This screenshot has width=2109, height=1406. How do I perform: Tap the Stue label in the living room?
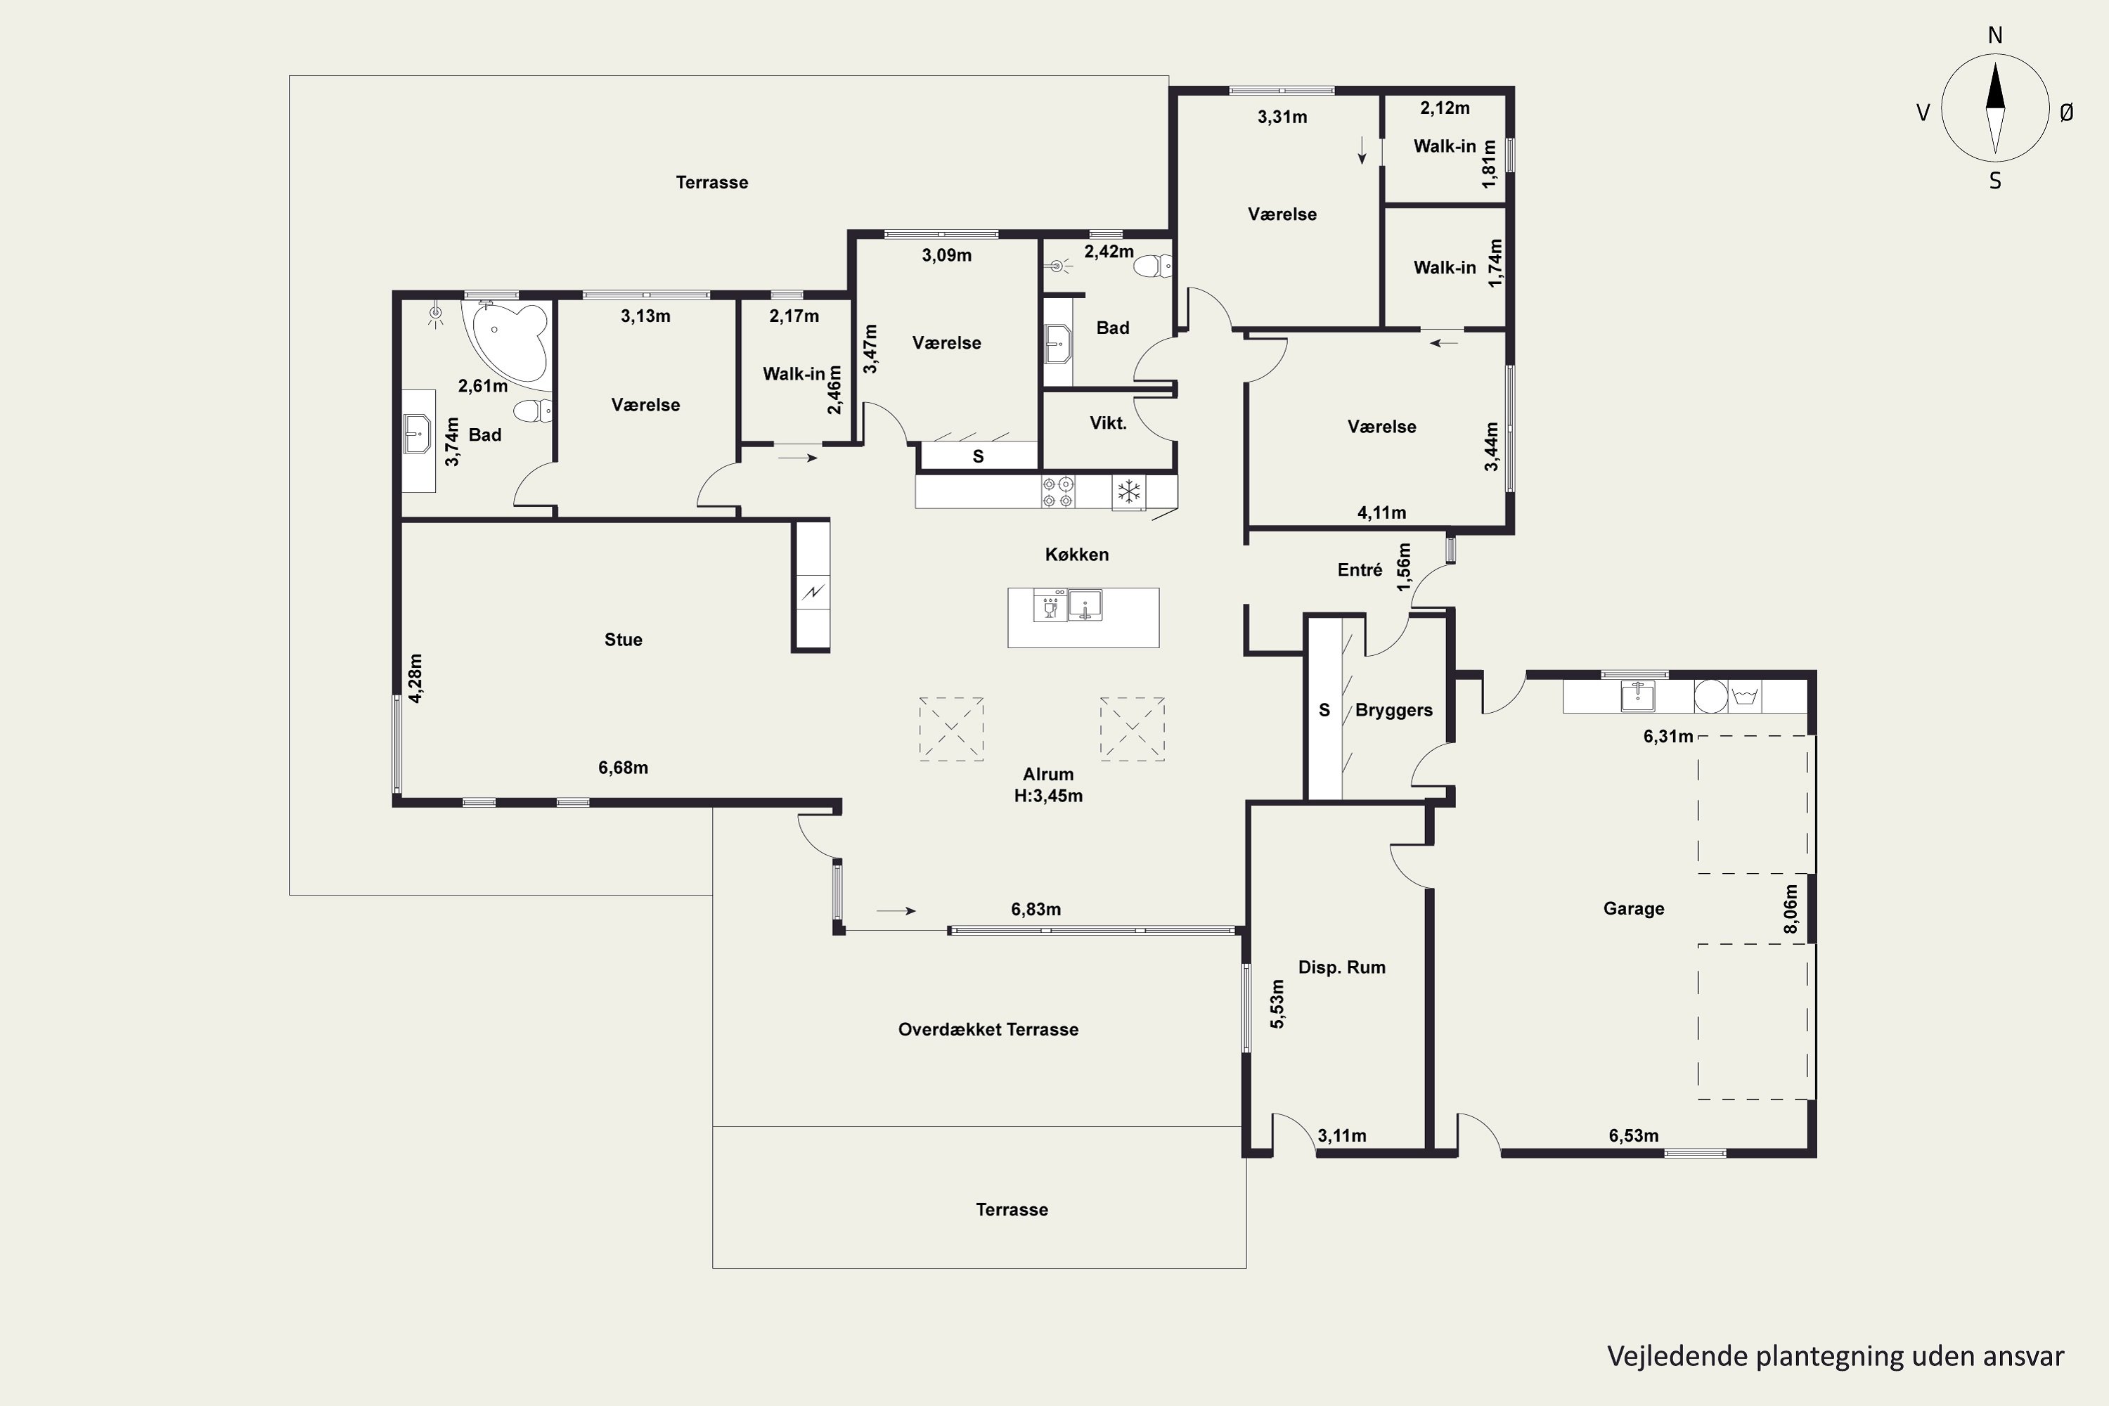623,639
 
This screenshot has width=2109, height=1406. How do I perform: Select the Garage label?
1634,908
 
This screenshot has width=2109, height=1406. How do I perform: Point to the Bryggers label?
1393,710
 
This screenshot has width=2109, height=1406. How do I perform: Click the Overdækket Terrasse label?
988,1029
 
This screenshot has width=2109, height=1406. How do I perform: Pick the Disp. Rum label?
1341,967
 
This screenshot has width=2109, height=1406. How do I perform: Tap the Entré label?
1360,570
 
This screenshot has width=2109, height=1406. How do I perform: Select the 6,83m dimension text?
1036,909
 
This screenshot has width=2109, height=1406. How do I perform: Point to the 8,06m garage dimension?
1791,909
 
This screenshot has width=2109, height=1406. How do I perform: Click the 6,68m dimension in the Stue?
623,768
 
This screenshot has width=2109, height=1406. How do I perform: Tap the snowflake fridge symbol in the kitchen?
1129,491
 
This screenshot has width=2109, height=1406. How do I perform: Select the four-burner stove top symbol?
1057,492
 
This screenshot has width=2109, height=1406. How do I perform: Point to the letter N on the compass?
1995,35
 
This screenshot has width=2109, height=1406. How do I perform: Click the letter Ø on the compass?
2066,112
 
